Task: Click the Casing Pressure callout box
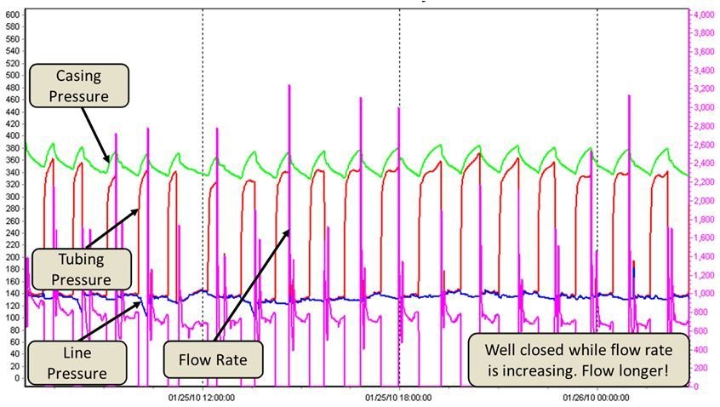point(78,85)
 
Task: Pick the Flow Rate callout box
point(213,360)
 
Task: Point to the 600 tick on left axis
point(13,14)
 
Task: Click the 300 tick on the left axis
point(13,197)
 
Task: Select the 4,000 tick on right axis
point(703,14)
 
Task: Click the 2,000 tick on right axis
point(703,201)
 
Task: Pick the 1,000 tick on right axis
point(703,294)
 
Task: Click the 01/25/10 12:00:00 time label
point(201,397)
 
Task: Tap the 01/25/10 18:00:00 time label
point(399,397)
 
